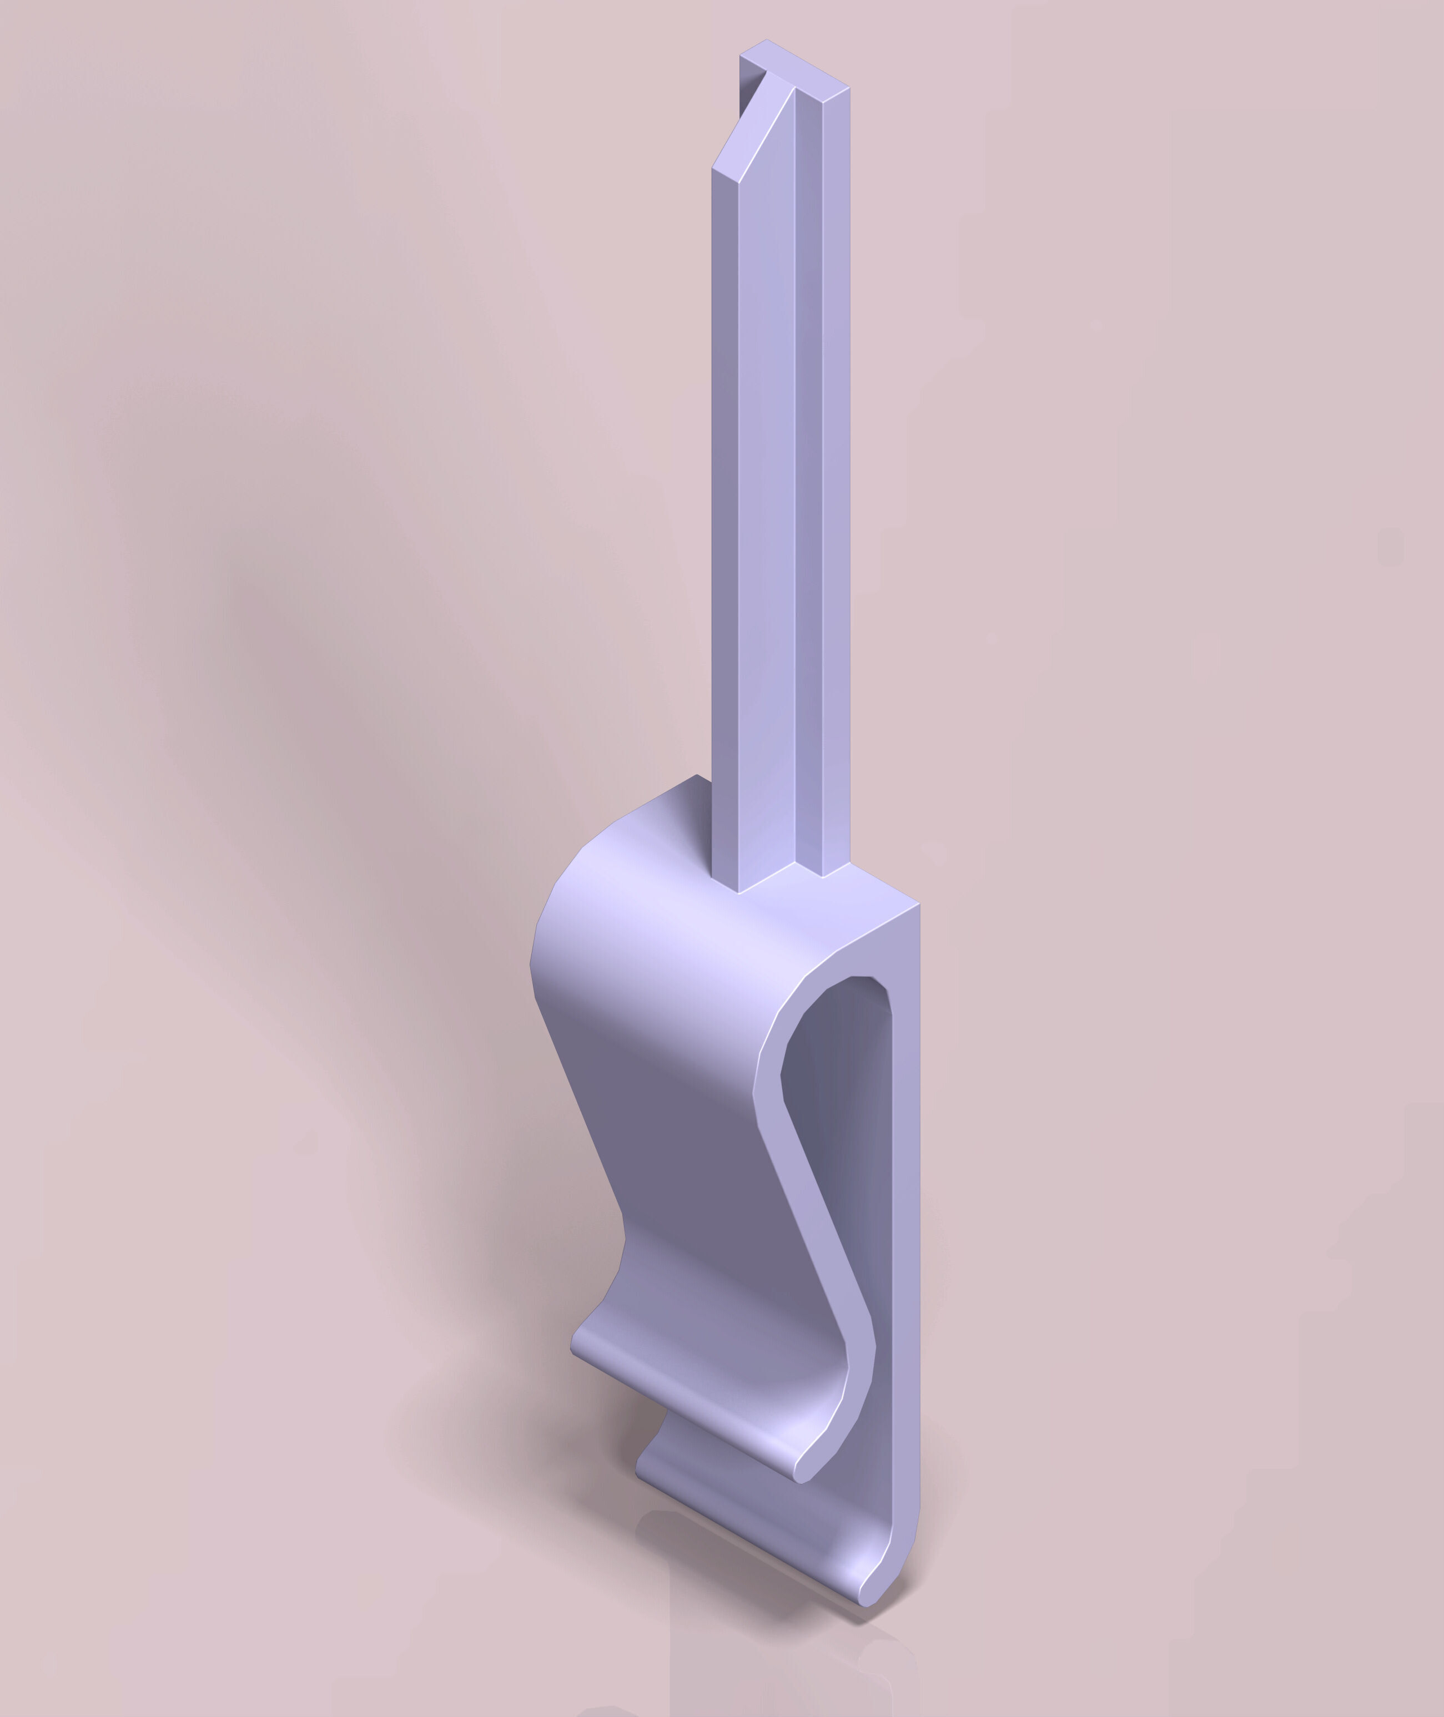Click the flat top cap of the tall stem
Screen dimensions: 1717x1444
click(x=806, y=65)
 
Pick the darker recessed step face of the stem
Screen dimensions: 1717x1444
click(x=809, y=491)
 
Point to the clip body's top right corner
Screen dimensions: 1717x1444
click(x=918, y=905)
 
